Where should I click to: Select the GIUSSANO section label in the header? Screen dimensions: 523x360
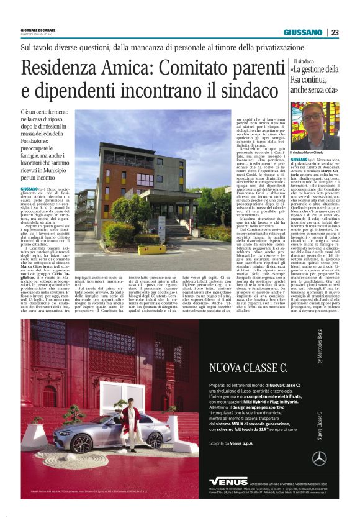[304, 32]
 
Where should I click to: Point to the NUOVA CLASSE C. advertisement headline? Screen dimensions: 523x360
[249, 368]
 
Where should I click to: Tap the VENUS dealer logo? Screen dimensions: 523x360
[228, 481]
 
